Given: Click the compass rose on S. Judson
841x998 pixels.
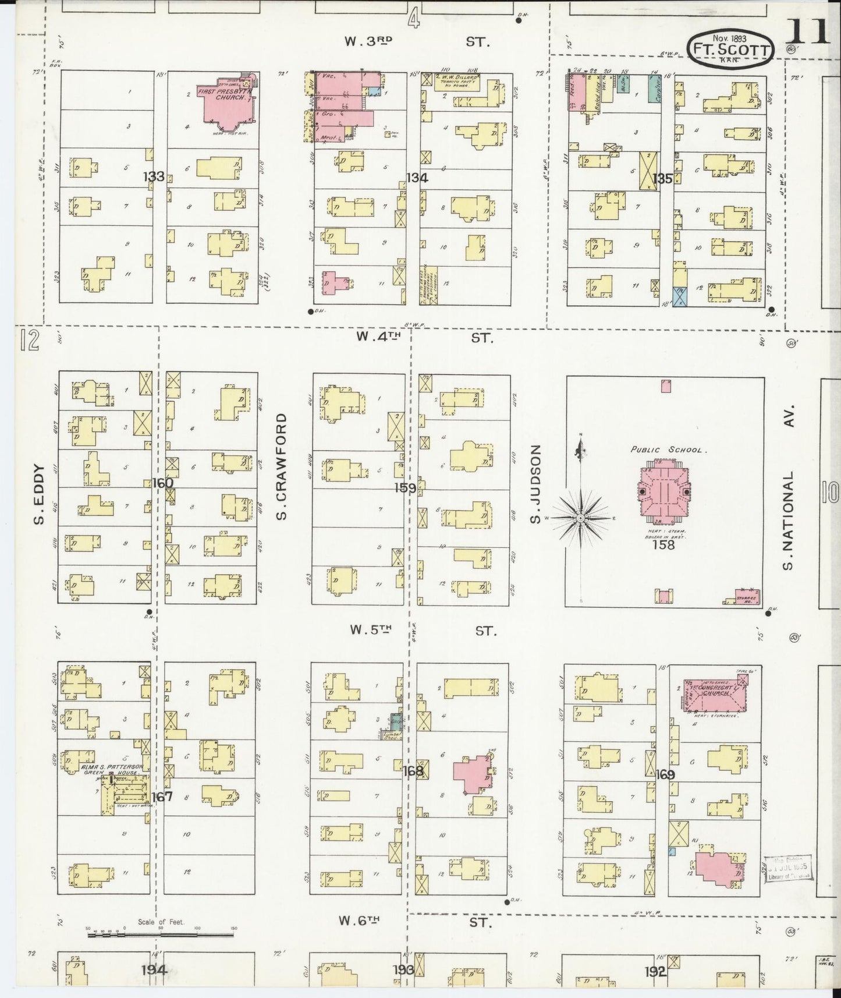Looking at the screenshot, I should tap(581, 517).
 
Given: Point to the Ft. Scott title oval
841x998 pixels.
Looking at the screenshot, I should tap(731, 49).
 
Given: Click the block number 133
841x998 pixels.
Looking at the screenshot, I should tap(154, 176).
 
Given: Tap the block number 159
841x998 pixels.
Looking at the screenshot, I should tap(405, 488).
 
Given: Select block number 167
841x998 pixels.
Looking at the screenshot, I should tap(161, 797).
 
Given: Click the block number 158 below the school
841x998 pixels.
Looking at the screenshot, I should tap(663, 545).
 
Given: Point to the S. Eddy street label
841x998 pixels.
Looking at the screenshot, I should tap(39, 494).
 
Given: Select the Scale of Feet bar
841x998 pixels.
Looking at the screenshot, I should tap(161, 935).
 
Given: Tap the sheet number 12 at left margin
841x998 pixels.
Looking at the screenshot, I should tap(29, 342).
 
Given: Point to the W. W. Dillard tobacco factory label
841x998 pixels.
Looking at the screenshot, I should tap(457, 80).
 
